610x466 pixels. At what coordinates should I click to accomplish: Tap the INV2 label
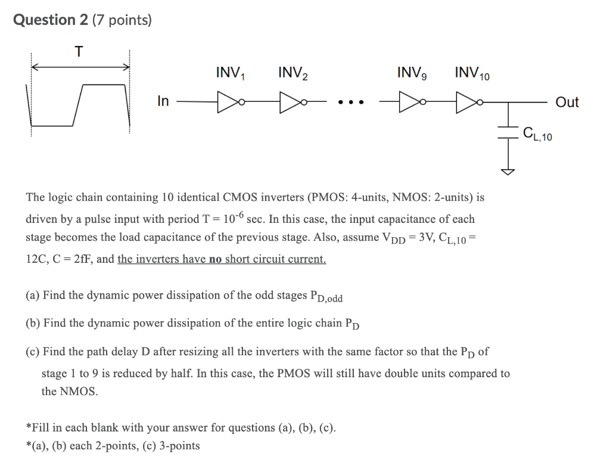click(x=294, y=74)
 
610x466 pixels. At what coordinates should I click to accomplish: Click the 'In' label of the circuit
click(x=163, y=101)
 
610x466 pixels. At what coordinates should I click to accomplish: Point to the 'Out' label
click(x=567, y=102)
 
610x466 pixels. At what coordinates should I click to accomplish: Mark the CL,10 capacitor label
click(x=537, y=135)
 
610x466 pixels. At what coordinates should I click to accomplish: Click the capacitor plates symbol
click(x=508, y=135)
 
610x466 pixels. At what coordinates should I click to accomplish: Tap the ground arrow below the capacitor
click(x=508, y=171)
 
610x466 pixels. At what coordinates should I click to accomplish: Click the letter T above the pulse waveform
click(x=79, y=52)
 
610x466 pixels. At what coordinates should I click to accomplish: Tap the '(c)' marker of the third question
click(x=33, y=352)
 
